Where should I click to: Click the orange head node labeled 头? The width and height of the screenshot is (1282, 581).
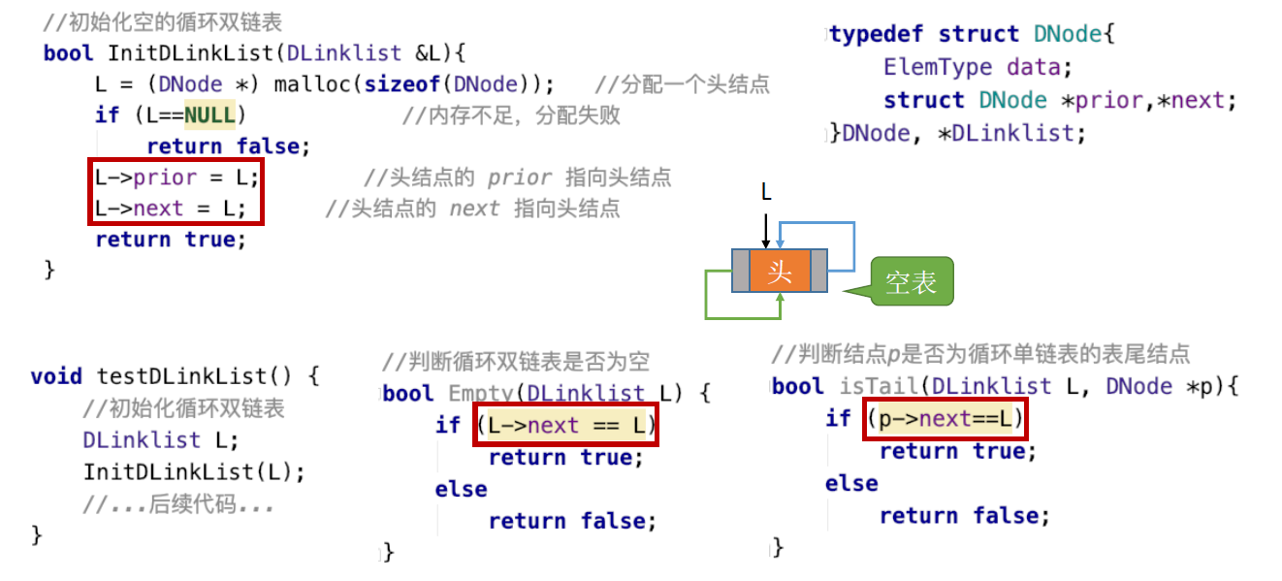[780, 271]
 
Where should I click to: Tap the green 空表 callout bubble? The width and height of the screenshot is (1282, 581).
[911, 282]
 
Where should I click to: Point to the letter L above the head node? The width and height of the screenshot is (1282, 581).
[766, 193]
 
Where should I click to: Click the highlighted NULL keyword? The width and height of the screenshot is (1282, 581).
[209, 115]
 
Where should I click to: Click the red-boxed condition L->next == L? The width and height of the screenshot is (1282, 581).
[565, 425]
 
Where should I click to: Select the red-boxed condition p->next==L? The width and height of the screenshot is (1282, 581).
[944, 419]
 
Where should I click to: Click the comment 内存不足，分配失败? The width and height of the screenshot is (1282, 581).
[511, 115]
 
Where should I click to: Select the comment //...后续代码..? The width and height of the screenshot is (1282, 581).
[178, 504]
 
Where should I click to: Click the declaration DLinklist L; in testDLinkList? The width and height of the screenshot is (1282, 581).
[160, 440]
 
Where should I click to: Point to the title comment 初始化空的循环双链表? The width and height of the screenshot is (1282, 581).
[163, 21]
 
